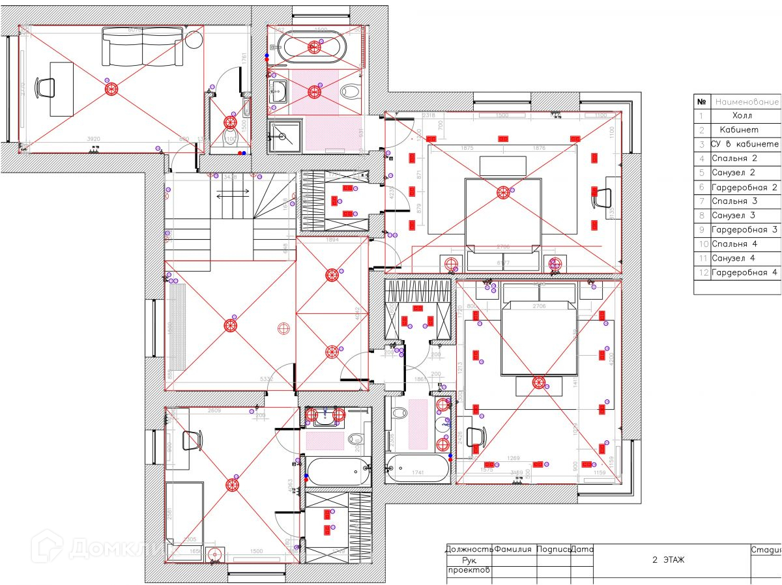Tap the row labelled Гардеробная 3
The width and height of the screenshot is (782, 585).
coord(745,230)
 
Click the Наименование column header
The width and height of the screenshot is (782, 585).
coord(747,102)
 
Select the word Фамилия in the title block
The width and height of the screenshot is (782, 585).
coord(513,549)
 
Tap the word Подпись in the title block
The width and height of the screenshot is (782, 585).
coord(553,549)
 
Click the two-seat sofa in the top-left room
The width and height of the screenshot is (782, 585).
coord(142,46)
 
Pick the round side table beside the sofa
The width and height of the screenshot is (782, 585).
coord(194,40)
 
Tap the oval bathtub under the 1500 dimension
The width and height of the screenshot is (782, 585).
coord(315,46)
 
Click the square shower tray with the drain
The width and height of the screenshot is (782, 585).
coord(284,136)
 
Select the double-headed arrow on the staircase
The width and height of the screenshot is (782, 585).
coord(232,193)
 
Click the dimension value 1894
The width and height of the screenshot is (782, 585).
coord(332,239)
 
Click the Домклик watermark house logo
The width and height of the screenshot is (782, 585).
coord(48,546)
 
